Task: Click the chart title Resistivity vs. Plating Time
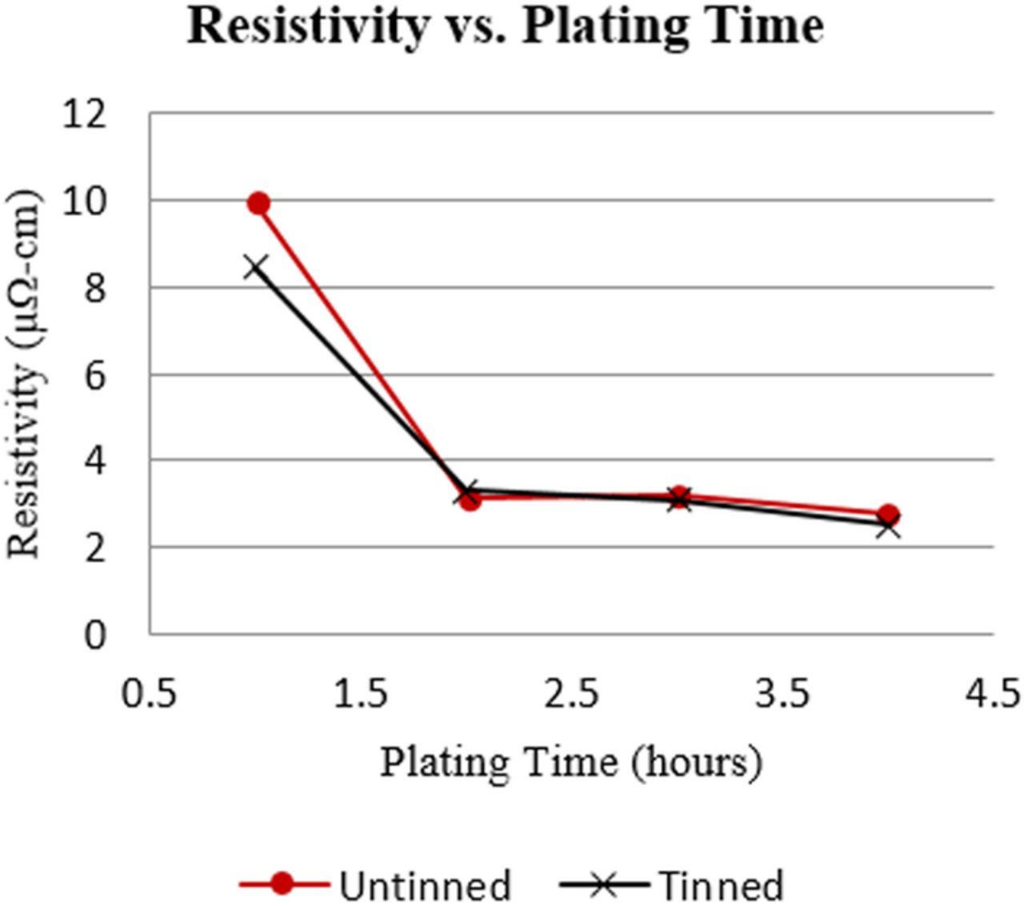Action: pyautogui.click(x=505, y=27)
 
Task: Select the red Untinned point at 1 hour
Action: pyautogui.click(x=258, y=203)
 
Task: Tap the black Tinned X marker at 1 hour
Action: pyautogui.click(x=255, y=267)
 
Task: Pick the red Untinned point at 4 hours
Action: pyautogui.click(x=888, y=515)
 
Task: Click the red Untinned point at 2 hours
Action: pyautogui.click(x=470, y=500)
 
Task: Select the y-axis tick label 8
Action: pyautogui.click(x=94, y=288)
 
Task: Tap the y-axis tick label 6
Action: pyautogui.click(x=94, y=375)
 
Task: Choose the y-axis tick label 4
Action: pyautogui.click(x=94, y=461)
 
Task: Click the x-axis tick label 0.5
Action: pyautogui.click(x=150, y=693)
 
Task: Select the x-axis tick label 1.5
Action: pyautogui.click(x=361, y=693)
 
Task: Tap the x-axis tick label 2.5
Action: pyautogui.click(x=572, y=693)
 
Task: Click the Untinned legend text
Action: pyautogui.click(x=424, y=885)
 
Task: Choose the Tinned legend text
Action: pyautogui.click(x=721, y=885)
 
